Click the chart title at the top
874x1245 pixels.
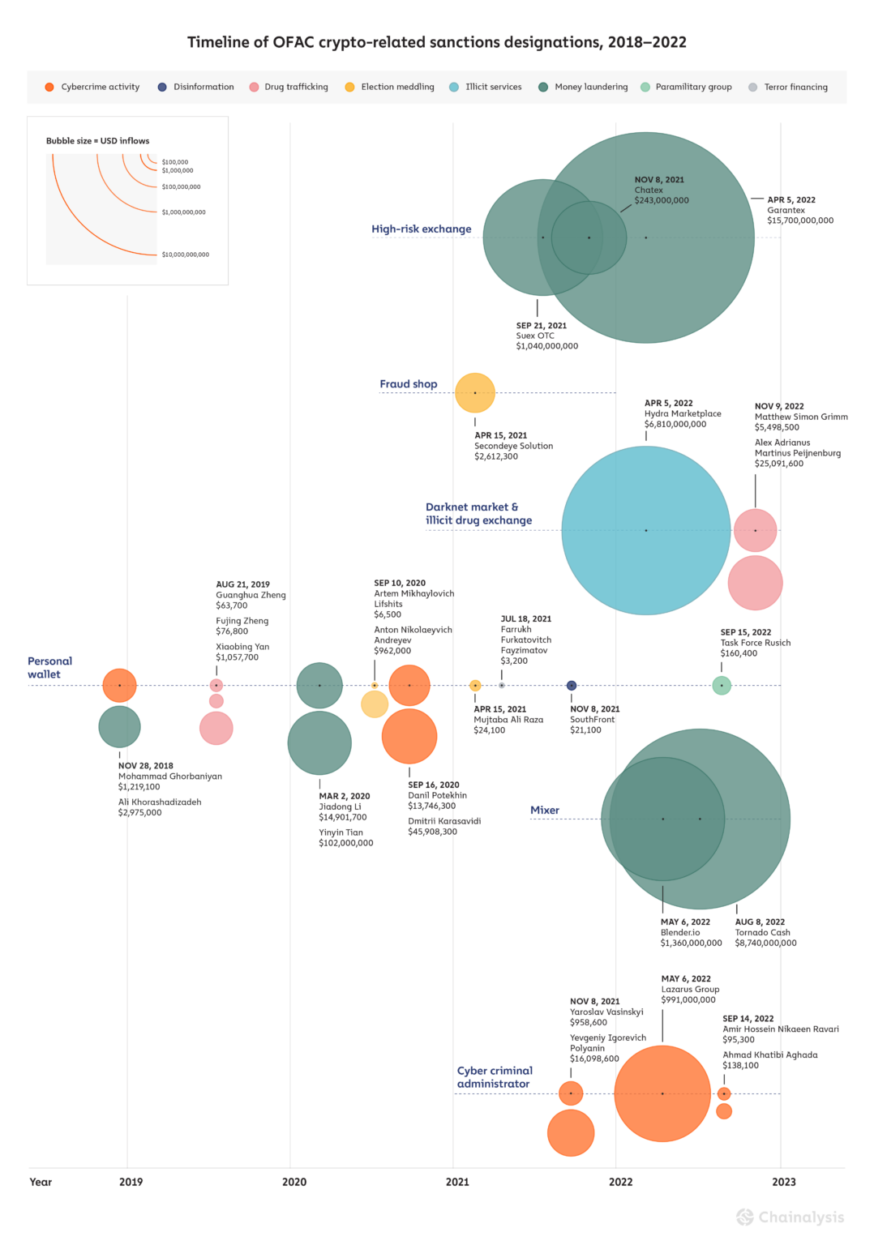point(436,42)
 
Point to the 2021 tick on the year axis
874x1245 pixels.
point(457,1182)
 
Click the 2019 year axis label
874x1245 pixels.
point(131,1182)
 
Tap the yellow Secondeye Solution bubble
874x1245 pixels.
point(475,393)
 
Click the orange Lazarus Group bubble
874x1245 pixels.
point(662,1093)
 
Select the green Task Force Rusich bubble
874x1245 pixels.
point(722,686)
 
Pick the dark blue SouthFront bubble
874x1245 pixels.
point(572,686)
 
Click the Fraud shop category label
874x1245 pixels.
point(409,384)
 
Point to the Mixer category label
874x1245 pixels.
point(545,811)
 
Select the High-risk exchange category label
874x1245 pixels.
point(422,229)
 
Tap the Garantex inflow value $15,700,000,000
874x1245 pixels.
point(800,220)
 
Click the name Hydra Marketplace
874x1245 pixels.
point(683,413)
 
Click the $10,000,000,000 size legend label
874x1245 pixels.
point(186,255)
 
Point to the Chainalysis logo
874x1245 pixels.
point(790,1217)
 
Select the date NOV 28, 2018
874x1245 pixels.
point(146,766)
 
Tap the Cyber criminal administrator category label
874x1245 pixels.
point(495,1077)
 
